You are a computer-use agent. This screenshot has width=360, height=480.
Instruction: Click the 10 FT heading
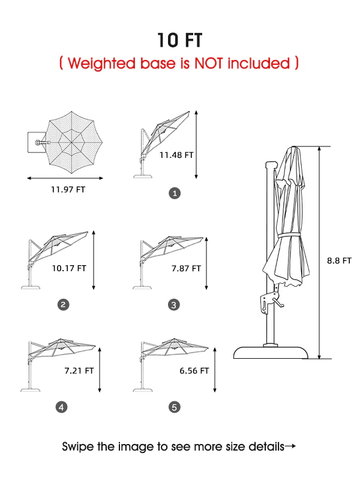(179, 40)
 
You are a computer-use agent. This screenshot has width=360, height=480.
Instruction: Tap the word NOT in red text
(208, 64)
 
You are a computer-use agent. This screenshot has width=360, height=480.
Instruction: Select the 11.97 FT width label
(68, 190)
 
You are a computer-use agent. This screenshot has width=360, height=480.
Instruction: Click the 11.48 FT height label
(176, 155)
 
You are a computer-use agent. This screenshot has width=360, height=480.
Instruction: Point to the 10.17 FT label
(69, 268)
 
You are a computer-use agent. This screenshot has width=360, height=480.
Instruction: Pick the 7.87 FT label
(186, 268)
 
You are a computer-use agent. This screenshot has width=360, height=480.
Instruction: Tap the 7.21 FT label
(79, 371)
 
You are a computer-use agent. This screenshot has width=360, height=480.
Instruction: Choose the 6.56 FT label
(194, 371)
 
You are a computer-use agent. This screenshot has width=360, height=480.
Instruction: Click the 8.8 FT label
(339, 261)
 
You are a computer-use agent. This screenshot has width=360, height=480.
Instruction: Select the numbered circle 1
(175, 193)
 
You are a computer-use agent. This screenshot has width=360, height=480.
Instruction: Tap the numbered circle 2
(64, 305)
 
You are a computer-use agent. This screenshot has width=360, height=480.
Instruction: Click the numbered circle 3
(174, 305)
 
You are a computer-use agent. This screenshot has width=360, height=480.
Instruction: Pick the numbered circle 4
(62, 407)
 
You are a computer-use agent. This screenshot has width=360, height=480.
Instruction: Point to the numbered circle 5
(175, 407)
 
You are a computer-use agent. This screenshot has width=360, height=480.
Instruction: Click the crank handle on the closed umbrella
(278, 302)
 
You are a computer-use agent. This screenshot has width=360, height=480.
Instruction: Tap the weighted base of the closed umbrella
(271, 353)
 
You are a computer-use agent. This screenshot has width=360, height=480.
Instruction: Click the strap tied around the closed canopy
(289, 235)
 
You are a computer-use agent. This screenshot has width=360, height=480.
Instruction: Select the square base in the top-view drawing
(37, 143)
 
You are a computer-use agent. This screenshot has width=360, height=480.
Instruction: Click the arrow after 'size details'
(290, 446)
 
